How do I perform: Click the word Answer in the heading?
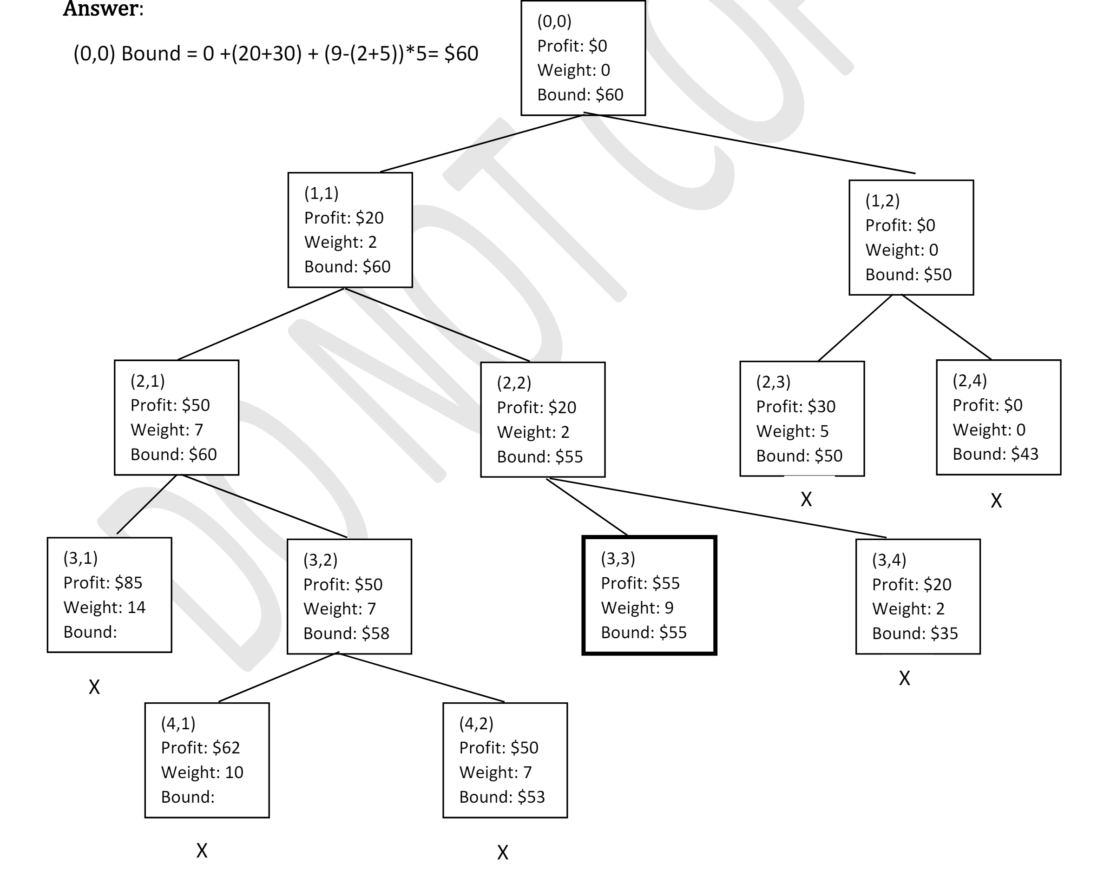click(101, 9)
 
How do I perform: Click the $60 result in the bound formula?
click(461, 53)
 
